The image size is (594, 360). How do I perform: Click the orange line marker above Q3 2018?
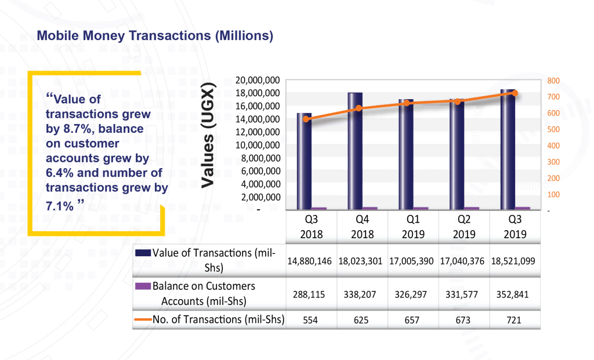[306, 119]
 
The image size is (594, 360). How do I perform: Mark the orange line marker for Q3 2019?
[515, 93]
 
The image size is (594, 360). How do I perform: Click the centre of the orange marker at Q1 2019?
[407, 103]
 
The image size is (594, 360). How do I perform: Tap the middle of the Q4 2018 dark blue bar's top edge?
[355, 93]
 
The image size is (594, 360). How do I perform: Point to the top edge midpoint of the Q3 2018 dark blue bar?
[304, 113]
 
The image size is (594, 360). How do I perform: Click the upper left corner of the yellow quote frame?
[28, 71]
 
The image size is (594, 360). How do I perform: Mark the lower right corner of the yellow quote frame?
[164, 235]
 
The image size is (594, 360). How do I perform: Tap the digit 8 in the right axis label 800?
[549, 81]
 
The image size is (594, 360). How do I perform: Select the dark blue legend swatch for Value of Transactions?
[143, 253]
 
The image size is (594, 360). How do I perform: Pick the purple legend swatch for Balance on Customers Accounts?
[143, 286]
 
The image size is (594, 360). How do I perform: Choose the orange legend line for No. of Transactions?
[143, 320]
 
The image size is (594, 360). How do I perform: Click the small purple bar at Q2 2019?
[472, 208]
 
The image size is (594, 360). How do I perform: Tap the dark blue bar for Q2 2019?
[457, 154]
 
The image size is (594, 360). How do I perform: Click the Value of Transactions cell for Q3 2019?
[513, 261]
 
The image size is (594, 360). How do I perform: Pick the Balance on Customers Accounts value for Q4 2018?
[360, 294]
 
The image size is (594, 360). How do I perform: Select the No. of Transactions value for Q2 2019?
[463, 320]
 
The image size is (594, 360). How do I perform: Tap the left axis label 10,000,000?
[258, 146]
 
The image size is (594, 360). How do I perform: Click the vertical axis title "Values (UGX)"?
[208, 135]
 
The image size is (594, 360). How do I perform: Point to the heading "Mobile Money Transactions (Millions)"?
[155, 35]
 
